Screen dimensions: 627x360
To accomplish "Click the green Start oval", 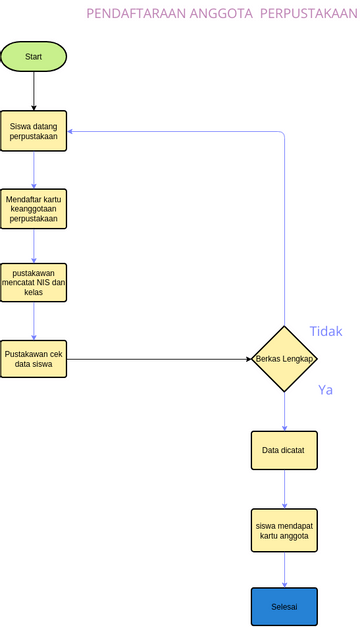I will click(x=33, y=57).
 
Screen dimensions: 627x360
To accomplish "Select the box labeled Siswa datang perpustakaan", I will click(x=33, y=130).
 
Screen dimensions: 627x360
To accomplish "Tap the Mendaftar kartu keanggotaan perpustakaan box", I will click(x=33, y=208).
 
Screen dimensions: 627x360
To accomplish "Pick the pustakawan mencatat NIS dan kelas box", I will click(x=33, y=282).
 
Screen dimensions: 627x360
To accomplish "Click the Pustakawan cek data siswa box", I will click(x=33, y=359).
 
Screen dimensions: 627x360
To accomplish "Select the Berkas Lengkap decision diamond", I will click(x=284, y=358).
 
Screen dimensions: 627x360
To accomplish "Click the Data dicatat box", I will click(x=284, y=450).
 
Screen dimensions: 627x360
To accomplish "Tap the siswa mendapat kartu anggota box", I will click(x=284, y=529).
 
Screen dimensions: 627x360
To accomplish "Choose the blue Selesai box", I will click(x=284, y=606).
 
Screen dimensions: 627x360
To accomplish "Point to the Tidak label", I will click(x=326, y=331).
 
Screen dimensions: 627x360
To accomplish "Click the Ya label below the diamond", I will click(x=325, y=389).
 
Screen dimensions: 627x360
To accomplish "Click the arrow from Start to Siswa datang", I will click(x=33, y=92).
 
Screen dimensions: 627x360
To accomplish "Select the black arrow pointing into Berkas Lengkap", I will click(x=160, y=358).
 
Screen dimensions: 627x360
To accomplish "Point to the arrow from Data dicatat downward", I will click(x=284, y=489).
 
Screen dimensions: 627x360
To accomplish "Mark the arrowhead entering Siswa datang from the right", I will click(x=72, y=131).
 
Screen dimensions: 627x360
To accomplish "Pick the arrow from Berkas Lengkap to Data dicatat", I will click(x=284, y=410).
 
